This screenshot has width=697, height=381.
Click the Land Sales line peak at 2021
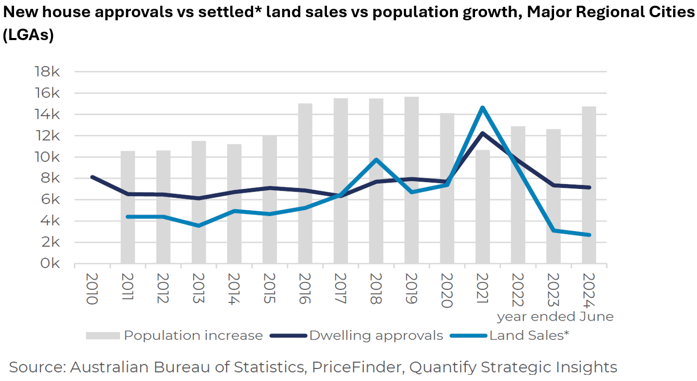[483, 108]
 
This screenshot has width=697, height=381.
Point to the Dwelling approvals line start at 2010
[92, 177]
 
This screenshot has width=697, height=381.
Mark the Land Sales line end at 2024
[589, 235]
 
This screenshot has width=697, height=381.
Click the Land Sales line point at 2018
[376, 159]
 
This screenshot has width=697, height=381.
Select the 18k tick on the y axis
[47, 72]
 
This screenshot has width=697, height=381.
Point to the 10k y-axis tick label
[47, 157]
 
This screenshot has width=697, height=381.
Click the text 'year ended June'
[555, 316]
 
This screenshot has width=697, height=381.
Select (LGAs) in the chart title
[29, 35]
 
